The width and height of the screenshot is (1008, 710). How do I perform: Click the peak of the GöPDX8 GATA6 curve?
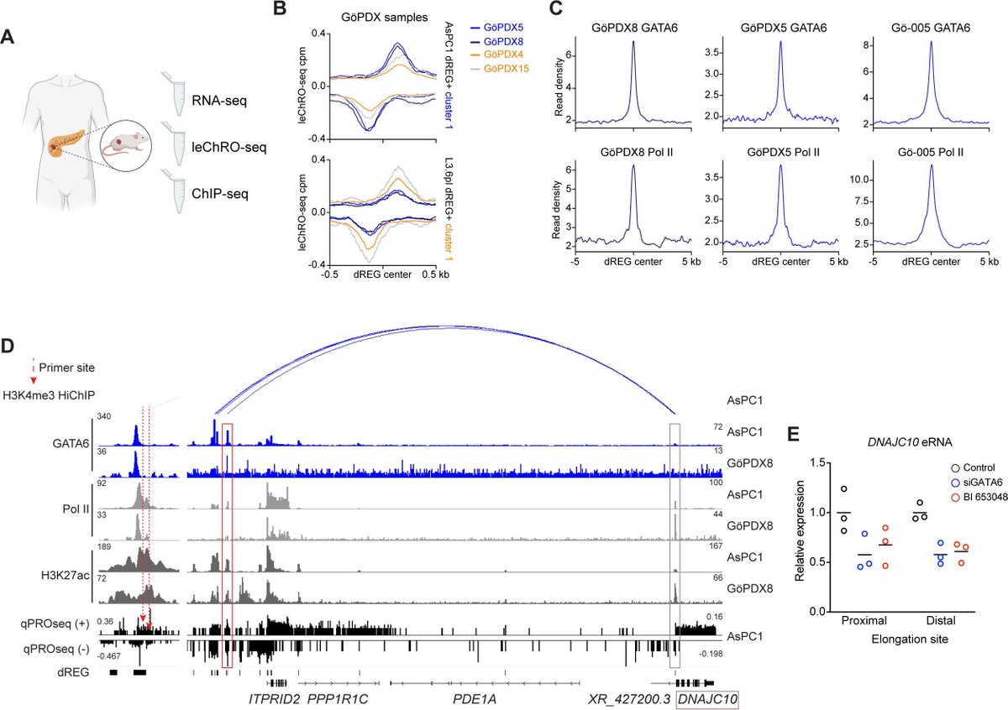click(633, 42)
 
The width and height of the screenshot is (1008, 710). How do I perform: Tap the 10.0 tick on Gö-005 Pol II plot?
click(862, 180)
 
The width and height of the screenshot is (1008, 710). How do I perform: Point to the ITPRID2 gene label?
click(274, 698)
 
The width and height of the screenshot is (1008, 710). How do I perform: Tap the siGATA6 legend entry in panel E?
click(961, 483)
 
